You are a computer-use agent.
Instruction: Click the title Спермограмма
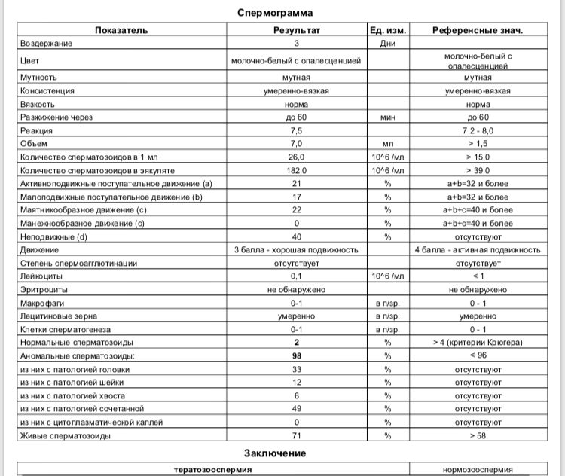point(276,13)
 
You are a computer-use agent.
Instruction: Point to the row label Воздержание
point(47,43)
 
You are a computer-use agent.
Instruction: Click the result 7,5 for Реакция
point(296,130)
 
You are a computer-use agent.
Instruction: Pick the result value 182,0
point(296,170)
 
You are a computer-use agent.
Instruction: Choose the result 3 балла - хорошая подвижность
point(296,249)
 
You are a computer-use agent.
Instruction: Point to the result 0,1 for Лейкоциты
point(296,276)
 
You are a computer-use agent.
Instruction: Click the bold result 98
point(296,355)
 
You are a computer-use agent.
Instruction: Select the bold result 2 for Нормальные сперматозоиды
point(296,342)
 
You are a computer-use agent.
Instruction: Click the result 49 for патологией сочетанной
point(296,408)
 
